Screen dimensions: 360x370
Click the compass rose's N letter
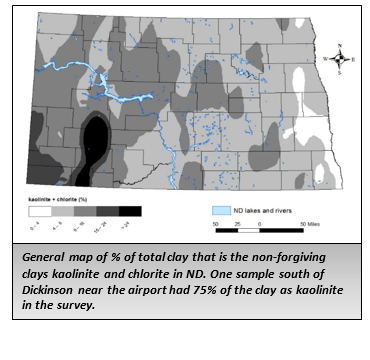pyautogui.click(x=341, y=47)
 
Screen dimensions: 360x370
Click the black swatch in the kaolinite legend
pyautogui.click(x=130, y=212)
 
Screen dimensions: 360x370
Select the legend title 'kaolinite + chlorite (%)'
pyautogui.click(x=54, y=200)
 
